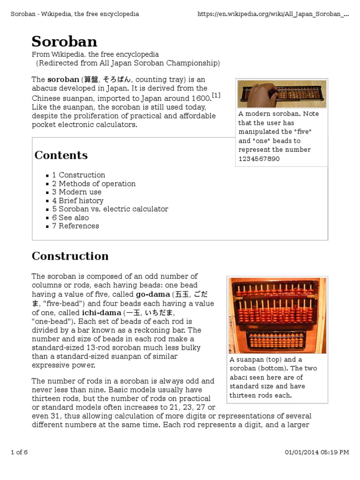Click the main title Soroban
[x=64, y=41]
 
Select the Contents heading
[x=61, y=155]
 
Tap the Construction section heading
[x=70, y=256]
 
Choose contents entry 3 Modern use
[x=77, y=192]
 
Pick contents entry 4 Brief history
[x=78, y=201]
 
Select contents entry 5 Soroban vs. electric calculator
[x=110, y=209]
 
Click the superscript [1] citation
[x=216, y=96]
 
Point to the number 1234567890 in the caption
[x=259, y=159]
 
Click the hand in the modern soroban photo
[x=265, y=92]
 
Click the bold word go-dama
[x=153, y=294]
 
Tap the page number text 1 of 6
[x=19, y=452]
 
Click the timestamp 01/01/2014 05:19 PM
[x=317, y=452]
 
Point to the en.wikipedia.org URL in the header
[x=273, y=14]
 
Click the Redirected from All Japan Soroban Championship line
[x=128, y=63]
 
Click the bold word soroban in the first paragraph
[x=63, y=80]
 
